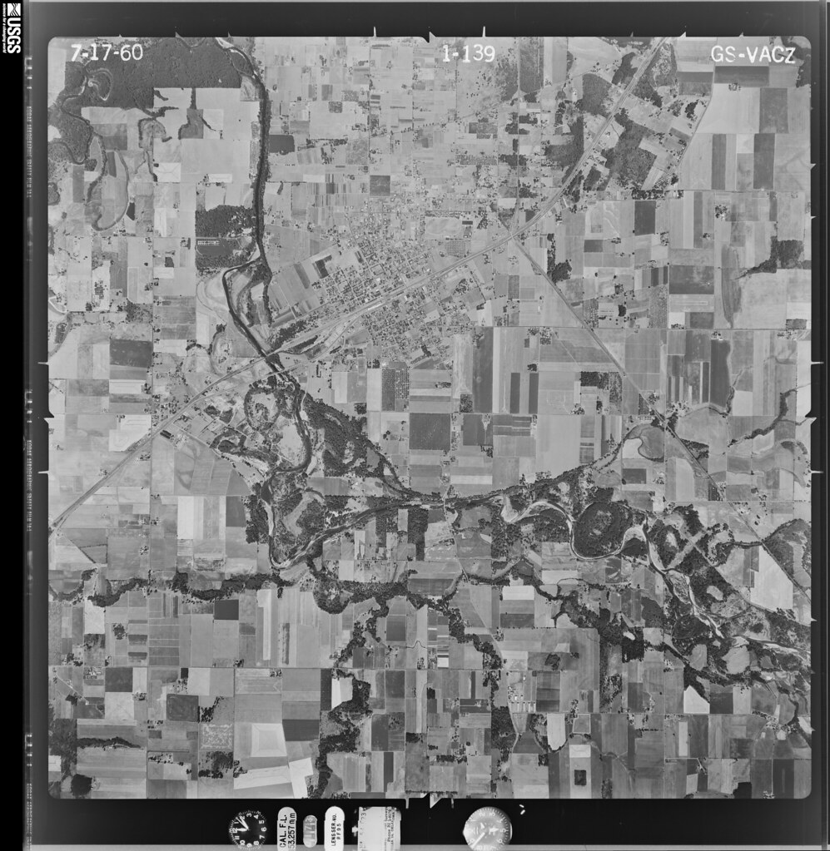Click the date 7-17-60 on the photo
click(x=107, y=52)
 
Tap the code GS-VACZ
click(x=753, y=55)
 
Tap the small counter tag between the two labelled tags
click(x=310, y=829)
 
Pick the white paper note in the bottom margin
click(x=379, y=828)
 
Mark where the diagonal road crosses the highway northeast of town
click(x=512, y=237)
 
